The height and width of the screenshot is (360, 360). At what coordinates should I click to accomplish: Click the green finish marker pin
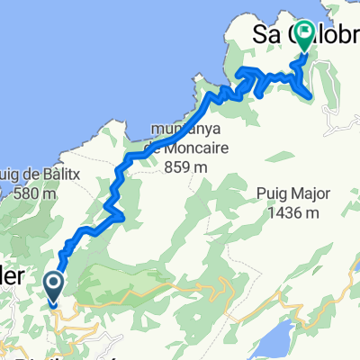303,37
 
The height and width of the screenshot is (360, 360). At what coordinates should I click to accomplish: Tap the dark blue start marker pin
53,286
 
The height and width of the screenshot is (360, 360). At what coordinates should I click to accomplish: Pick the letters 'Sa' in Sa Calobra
264,39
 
